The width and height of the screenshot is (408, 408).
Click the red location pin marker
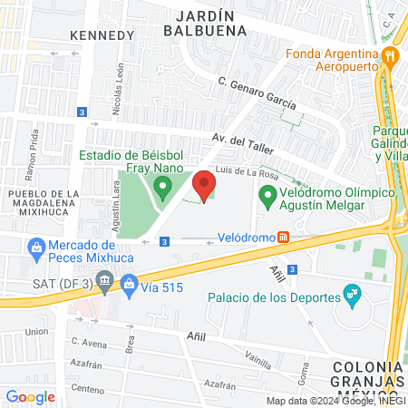(x=204, y=186)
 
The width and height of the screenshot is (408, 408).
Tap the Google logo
(x=30, y=397)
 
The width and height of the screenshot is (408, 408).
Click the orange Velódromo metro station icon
(x=284, y=238)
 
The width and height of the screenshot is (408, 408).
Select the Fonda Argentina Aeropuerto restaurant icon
(x=390, y=56)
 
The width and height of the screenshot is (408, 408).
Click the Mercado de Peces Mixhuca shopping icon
(x=36, y=246)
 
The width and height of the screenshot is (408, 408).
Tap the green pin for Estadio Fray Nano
(x=162, y=189)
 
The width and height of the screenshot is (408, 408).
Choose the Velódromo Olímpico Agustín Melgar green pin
(x=267, y=195)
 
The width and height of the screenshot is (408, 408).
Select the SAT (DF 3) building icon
(x=105, y=284)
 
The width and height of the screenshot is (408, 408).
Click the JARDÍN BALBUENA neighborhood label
(x=205, y=23)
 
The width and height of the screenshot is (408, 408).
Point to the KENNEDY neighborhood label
(x=102, y=34)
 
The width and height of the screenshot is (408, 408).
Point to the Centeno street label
(x=88, y=388)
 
